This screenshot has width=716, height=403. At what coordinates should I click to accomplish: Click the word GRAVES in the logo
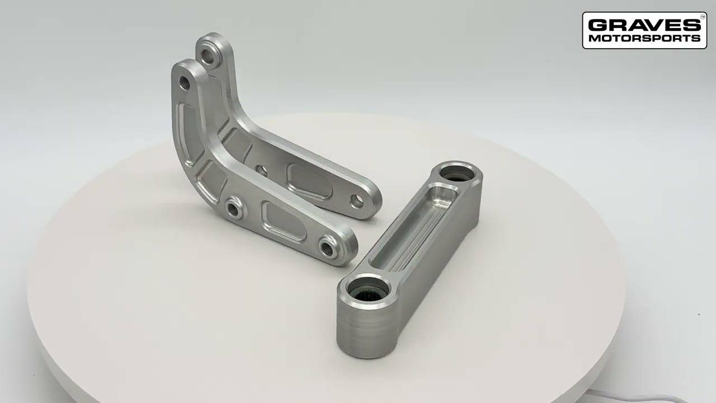pos(643,25)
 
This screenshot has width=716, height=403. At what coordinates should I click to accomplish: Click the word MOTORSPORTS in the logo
pos(643,39)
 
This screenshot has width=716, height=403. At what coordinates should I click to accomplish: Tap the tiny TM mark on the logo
pos(703,17)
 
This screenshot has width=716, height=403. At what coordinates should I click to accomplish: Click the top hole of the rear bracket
pos(209,57)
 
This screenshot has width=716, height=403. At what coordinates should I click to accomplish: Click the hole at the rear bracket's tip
pos(356,201)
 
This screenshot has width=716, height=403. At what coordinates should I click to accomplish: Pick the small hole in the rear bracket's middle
pos(261,168)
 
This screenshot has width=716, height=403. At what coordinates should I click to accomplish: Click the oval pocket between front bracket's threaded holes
pos(283,221)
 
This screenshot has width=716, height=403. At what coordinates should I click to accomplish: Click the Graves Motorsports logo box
pos(644,31)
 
